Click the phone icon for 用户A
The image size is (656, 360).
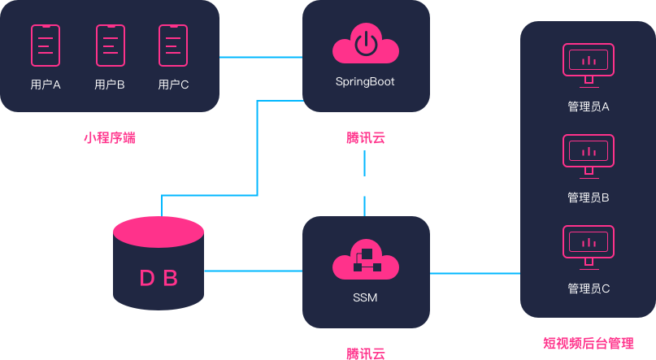coord(46,46)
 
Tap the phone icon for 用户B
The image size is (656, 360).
coord(110,46)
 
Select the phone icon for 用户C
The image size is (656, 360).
coord(173,46)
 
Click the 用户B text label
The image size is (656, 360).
coord(110,84)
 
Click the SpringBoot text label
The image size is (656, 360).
coord(365,81)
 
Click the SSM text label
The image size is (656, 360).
coord(365,298)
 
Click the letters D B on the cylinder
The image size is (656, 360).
coord(159,279)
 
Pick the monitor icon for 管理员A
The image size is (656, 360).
coord(589,63)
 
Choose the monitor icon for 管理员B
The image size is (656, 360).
coord(589,153)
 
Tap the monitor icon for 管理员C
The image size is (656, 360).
coord(589,244)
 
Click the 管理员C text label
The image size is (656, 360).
coord(589,288)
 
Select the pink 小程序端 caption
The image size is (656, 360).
coord(110,137)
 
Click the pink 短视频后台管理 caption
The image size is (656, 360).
coord(588,343)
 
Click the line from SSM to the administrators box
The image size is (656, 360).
coord(475,273)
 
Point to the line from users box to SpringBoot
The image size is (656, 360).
coord(260,57)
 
